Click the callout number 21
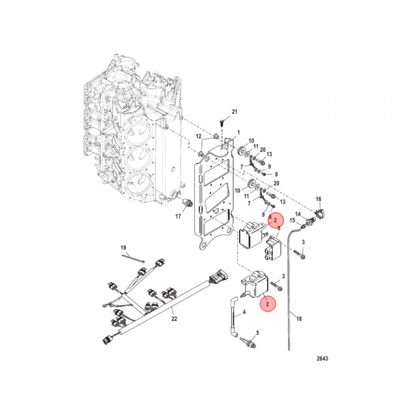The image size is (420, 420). point(235,111)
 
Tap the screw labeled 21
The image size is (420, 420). point(222,123)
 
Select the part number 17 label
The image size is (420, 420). point(178,216)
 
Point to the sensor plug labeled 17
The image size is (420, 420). point(187,202)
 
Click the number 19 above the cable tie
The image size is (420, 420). point(123,247)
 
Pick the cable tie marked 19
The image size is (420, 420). point(133,258)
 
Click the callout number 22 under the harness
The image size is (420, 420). point(174,318)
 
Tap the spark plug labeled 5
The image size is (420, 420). point(249,342)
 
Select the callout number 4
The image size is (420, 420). point(244,311)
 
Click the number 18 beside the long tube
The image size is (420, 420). point(299,318)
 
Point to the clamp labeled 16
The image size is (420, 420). point(320,213)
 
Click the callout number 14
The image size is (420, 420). point(298,214)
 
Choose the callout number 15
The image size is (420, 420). point(292,220)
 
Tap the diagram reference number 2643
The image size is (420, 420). point(322,358)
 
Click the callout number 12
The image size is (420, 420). point(198,136)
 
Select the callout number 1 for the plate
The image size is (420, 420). point(239,132)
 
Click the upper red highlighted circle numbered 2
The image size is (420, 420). point(275,220)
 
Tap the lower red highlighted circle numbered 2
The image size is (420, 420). point(267,304)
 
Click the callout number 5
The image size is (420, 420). point(257,332)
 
